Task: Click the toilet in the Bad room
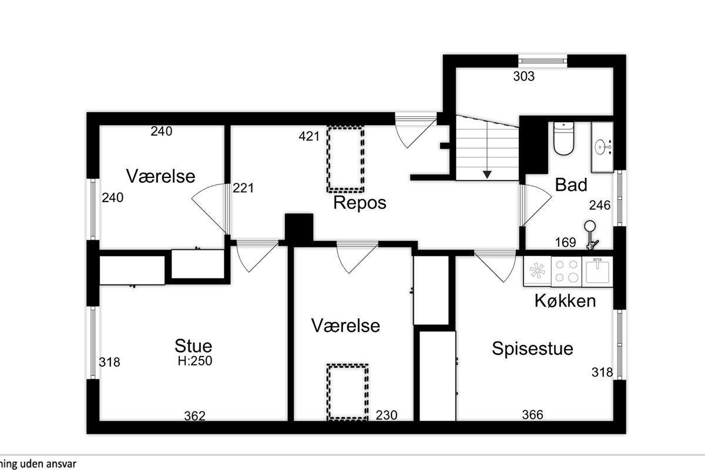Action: point(563,139)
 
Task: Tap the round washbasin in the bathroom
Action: point(601,147)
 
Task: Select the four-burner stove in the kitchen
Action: point(566,271)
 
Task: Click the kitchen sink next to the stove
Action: point(597,271)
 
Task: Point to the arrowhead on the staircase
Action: point(487,174)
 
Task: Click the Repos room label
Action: point(360,203)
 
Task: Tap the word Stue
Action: point(193,346)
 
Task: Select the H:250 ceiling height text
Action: point(195,361)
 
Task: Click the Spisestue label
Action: point(532,348)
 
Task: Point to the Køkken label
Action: point(565,301)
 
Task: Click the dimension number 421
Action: point(309,136)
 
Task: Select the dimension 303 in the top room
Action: point(523,76)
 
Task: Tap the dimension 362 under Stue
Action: point(195,416)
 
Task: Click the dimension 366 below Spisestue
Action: point(532,415)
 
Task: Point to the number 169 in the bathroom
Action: point(565,243)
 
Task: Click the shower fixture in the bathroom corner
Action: point(591,235)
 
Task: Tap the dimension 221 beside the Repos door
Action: point(243,188)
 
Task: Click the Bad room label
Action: point(571,184)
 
